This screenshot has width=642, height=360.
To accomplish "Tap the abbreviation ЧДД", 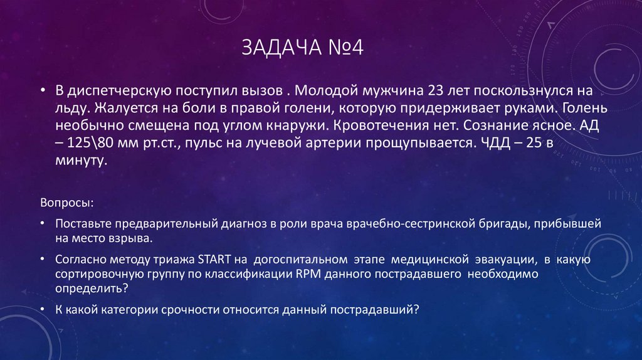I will (x=492, y=143).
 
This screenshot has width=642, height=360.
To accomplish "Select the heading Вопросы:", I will (x=68, y=204).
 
